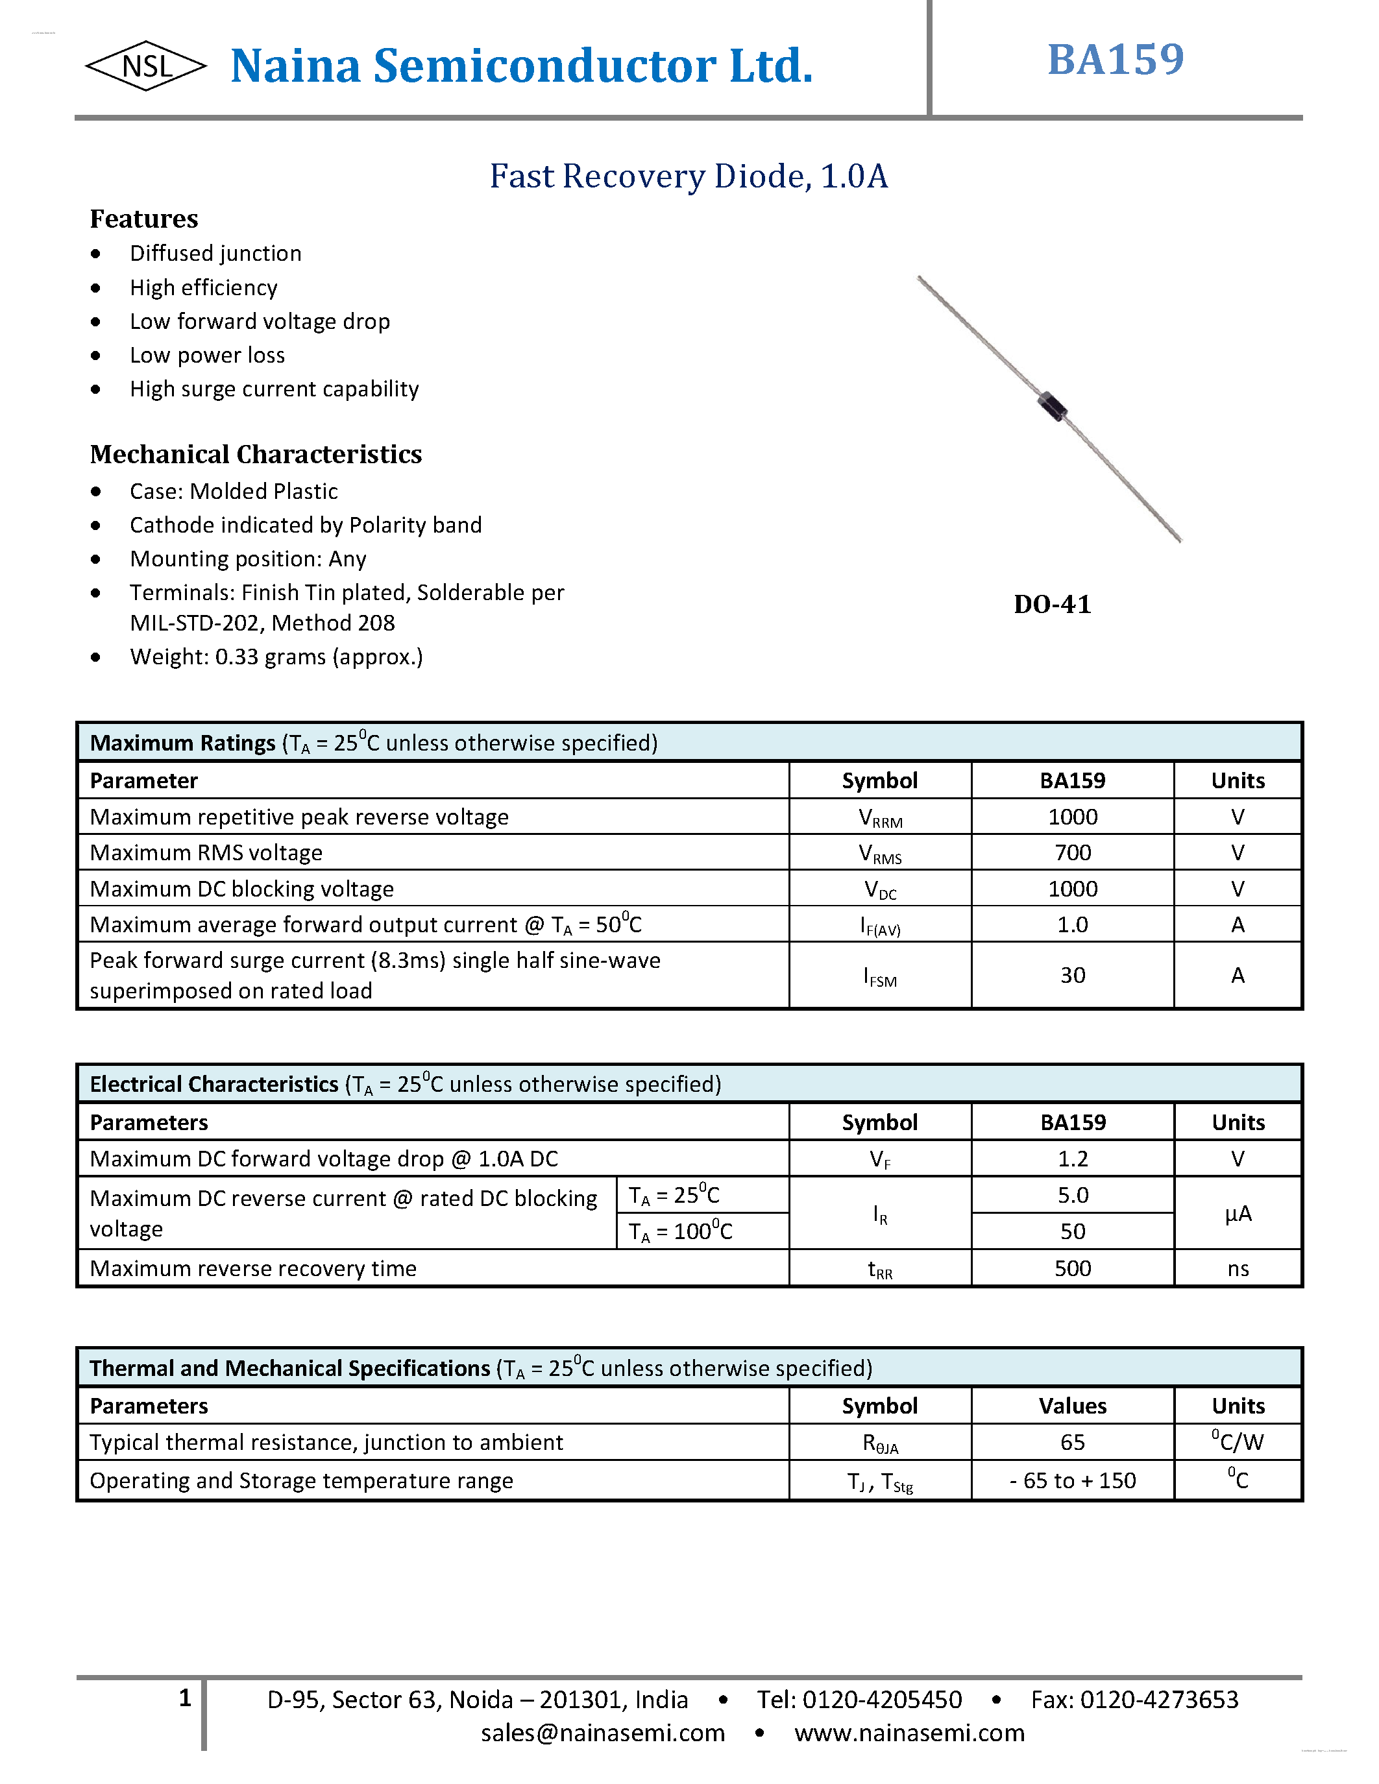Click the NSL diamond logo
click(x=146, y=66)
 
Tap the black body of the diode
click(x=1052, y=406)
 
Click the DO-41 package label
click(x=1052, y=605)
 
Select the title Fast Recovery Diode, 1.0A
click(x=688, y=176)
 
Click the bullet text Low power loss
click(x=208, y=356)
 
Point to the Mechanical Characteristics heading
click(x=256, y=454)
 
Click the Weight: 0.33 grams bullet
click(x=276, y=657)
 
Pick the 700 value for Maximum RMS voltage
click(x=1072, y=853)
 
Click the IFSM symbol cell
click(x=880, y=976)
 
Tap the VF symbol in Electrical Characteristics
click(x=880, y=1160)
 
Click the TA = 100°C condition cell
click(x=681, y=1231)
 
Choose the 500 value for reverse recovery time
click(x=1072, y=1268)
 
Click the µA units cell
click(x=1238, y=1214)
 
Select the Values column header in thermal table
click(x=1072, y=1406)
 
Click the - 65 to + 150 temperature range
click(x=1072, y=1481)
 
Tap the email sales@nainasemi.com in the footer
click(x=602, y=1733)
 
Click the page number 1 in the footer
click(x=185, y=1698)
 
